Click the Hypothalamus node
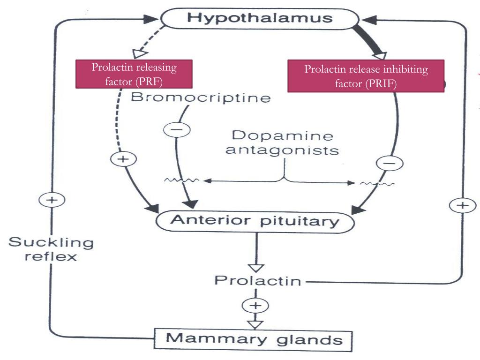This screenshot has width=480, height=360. pyautogui.click(x=260, y=19)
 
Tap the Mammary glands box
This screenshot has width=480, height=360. pyautogui.click(x=253, y=338)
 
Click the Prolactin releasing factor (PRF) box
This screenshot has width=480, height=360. pyautogui.click(x=134, y=74)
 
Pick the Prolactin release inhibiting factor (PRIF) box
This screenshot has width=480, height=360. pyautogui.click(x=366, y=76)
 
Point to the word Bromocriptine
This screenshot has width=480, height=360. pyautogui.click(x=201, y=98)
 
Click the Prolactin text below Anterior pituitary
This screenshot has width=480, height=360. pyautogui.click(x=257, y=281)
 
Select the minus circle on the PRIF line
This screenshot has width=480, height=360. pyautogui.click(x=389, y=163)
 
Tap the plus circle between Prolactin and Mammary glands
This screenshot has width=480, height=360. pyautogui.click(x=255, y=306)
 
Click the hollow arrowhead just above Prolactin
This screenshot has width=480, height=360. pyautogui.click(x=256, y=268)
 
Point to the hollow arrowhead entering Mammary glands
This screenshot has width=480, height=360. pyautogui.click(x=256, y=323)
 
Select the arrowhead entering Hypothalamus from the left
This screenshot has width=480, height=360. pyautogui.click(x=151, y=20)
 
